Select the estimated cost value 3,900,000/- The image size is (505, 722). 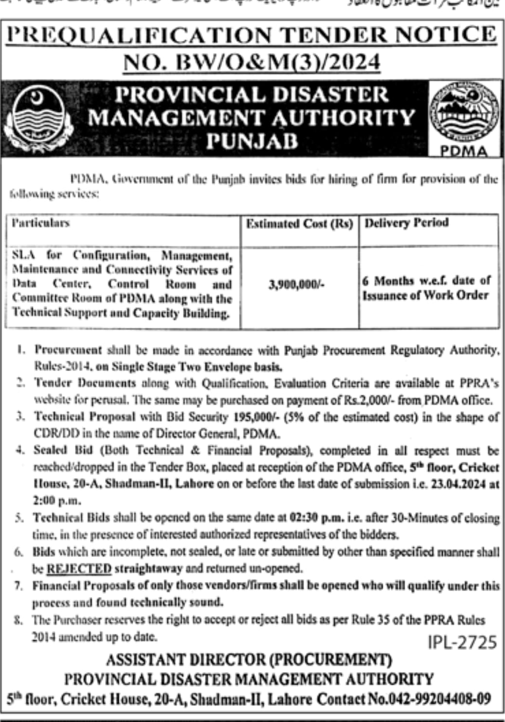click(x=296, y=285)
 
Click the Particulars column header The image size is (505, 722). click(x=41, y=223)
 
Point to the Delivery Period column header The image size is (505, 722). click(x=407, y=223)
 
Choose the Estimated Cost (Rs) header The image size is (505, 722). click(x=299, y=224)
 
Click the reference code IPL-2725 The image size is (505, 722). click(x=462, y=642)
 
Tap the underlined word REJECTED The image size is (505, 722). click(x=79, y=568)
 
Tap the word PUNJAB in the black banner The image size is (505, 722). click(x=252, y=141)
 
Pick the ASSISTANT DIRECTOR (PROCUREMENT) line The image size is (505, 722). click(x=249, y=660)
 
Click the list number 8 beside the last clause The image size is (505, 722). click(x=18, y=620)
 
